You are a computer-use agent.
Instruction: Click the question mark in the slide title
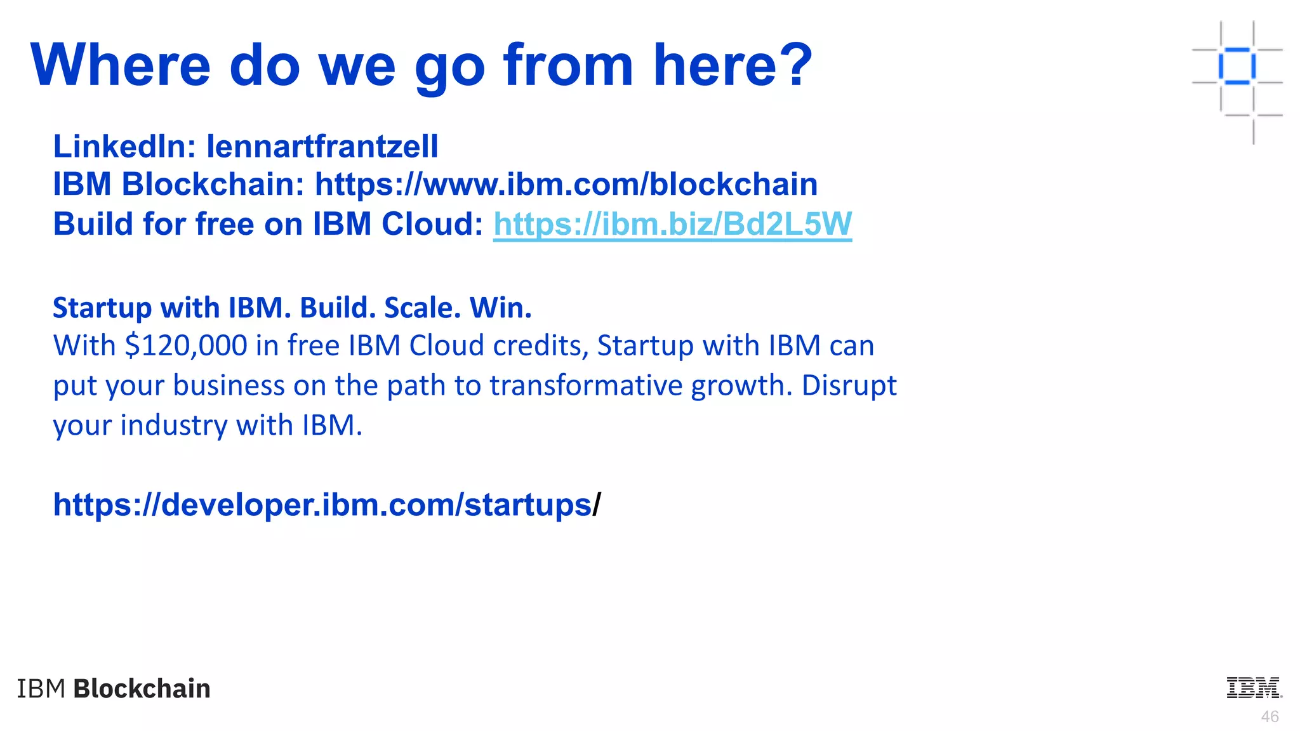(795, 65)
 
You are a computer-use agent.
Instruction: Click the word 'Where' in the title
(120, 65)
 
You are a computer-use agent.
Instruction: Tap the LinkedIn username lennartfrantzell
(322, 147)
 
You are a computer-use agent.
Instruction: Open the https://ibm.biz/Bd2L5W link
(672, 224)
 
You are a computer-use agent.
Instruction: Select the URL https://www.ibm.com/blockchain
(566, 185)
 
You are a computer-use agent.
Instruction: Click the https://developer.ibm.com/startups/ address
(326, 505)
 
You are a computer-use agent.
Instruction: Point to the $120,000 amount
(186, 346)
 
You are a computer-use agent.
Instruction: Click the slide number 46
(1270, 716)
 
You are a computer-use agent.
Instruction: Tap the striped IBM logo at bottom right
(1254, 688)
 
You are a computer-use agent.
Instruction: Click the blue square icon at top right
(1237, 65)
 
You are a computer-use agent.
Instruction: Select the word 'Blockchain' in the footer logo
(142, 688)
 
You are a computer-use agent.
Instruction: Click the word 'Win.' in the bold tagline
(500, 308)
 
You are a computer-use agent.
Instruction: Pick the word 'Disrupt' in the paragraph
(849, 385)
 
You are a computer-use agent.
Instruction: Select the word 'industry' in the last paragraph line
(173, 425)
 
